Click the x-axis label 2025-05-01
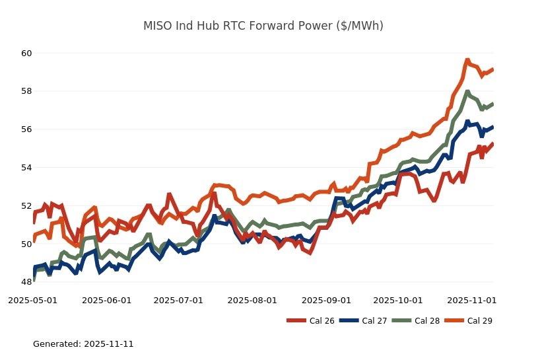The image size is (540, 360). tap(33, 300)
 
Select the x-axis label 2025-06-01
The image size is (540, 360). tap(107, 300)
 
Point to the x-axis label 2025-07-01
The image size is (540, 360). tap(178, 300)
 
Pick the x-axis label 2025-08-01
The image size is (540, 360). tap(252, 300)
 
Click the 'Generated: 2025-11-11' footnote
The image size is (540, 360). tap(83, 344)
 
